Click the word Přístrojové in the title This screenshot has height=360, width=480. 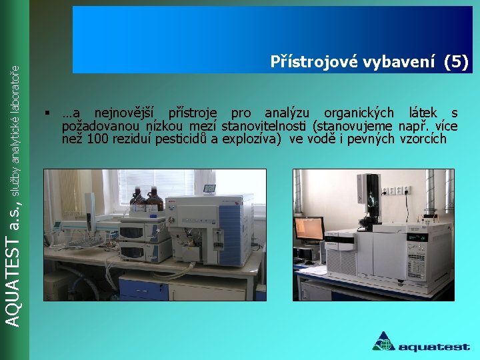[x=314, y=61]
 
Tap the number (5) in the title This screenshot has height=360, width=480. [x=456, y=62]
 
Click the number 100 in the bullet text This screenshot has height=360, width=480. [x=97, y=139]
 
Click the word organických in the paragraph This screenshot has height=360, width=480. [x=359, y=113]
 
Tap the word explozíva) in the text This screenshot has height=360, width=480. [x=251, y=139]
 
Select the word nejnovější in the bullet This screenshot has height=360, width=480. [x=124, y=113]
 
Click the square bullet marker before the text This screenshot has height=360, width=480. [x=47, y=113]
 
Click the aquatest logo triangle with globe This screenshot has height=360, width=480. [x=383, y=342]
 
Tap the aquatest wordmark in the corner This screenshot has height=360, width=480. [x=434, y=347]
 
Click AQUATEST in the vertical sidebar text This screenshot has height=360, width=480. [x=13, y=283]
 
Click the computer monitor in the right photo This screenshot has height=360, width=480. [x=309, y=229]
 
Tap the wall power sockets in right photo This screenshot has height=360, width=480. [x=396, y=191]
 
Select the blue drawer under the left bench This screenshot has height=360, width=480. [x=143, y=290]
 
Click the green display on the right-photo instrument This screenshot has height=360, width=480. [x=417, y=237]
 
